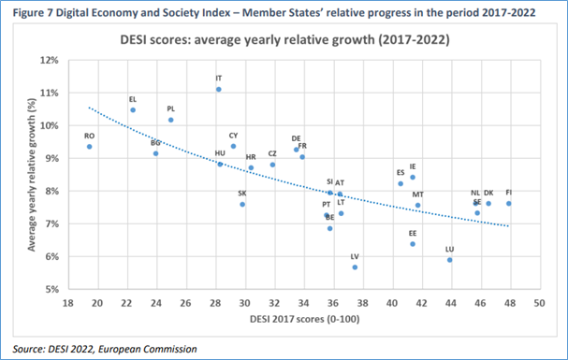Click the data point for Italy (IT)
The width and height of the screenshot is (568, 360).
coord(218,90)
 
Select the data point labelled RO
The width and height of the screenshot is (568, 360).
coord(89,147)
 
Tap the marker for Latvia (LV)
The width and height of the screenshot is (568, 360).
coord(355,267)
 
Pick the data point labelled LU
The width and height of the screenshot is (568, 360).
coord(449,260)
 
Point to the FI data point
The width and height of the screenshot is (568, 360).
coord(508,203)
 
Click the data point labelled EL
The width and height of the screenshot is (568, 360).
coord(133,110)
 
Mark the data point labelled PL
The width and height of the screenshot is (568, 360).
coord(170,120)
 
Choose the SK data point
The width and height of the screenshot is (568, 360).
coord(241,204)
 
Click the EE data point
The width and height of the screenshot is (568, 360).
coord(412,244)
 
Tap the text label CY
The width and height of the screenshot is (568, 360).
coord(234,136)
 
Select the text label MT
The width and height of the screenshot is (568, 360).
coord(417,194)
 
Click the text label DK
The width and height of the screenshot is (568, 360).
coord(488,193)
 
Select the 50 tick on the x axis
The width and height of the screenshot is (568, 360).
coord(538,303)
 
